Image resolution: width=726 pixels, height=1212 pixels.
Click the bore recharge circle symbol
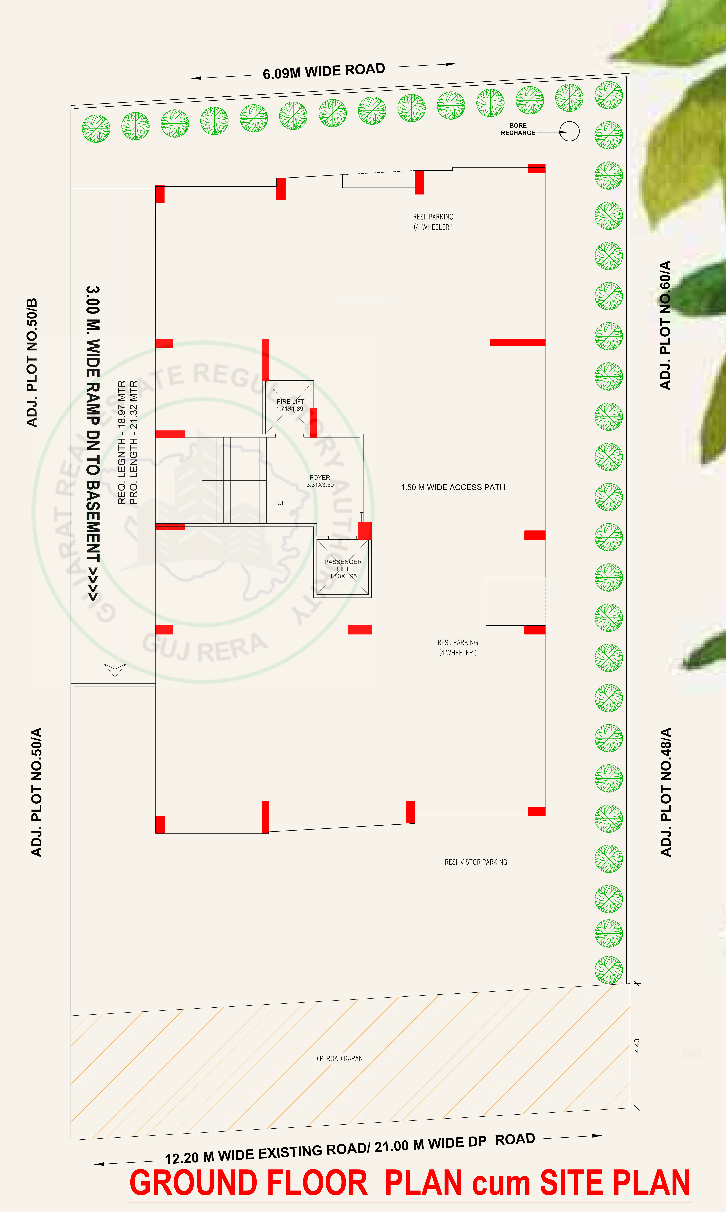point(569,131)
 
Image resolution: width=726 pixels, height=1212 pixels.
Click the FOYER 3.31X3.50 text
point(320,481)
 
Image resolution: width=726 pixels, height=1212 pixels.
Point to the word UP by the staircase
point(281,502)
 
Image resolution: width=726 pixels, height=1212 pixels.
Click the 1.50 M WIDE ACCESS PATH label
point(453,487)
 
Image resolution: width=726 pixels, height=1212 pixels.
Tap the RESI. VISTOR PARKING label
point(476,862)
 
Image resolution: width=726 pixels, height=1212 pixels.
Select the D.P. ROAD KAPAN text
point(339,1058)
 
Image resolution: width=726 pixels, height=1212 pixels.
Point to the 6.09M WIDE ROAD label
point(324,71)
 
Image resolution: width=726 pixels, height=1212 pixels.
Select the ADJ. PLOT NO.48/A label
point(666,792)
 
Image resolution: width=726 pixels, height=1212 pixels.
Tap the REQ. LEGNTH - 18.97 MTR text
point(122,442)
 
